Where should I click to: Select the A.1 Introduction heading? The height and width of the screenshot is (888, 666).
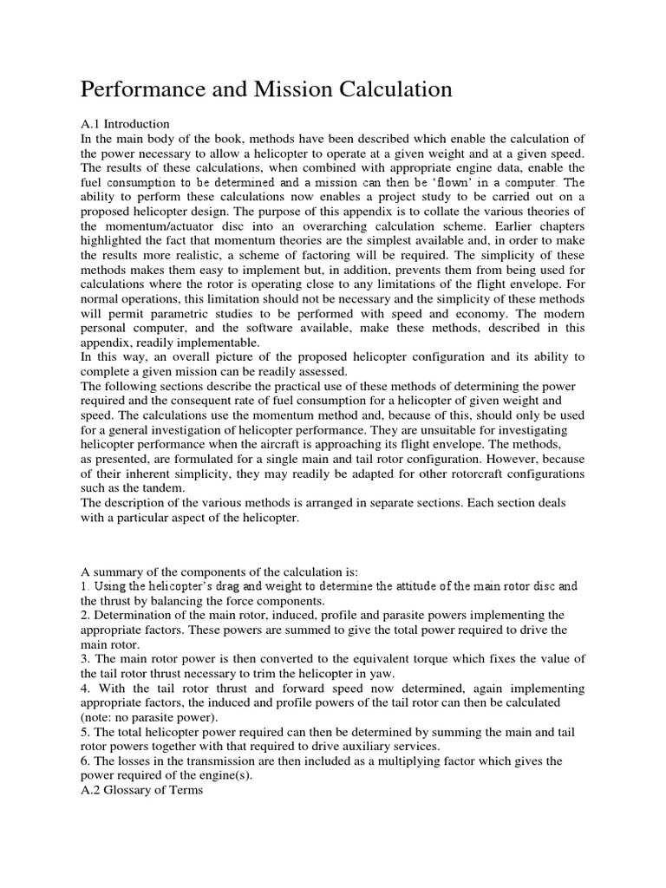(126, 124)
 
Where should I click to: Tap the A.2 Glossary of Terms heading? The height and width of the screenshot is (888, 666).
(142, 791)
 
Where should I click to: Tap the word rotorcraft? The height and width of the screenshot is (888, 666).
(475, 473)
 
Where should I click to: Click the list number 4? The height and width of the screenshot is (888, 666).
(85, 688)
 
